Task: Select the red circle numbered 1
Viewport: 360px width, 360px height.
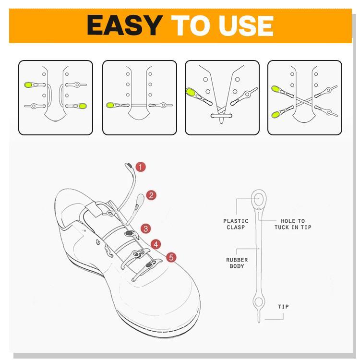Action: coord(140,167)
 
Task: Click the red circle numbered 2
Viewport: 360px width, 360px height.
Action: coord(151,195)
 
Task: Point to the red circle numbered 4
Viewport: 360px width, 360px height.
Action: coord(156,243)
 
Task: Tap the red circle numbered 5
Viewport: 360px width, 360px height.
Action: coord(171,258)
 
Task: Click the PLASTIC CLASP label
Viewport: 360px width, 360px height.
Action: coord(236,224)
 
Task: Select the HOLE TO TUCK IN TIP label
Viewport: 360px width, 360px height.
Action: coord(293,224)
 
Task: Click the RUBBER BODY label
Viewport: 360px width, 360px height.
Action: coord(237,263)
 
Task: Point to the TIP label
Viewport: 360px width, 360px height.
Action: coord(283,307)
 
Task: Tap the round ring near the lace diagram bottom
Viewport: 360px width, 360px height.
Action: coord(259,302)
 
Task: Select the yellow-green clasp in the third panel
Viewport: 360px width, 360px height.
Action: coord(191,91)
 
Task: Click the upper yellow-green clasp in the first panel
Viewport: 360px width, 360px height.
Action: coord(28,85)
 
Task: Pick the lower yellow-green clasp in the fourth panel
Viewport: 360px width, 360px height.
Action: coord(276,115)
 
